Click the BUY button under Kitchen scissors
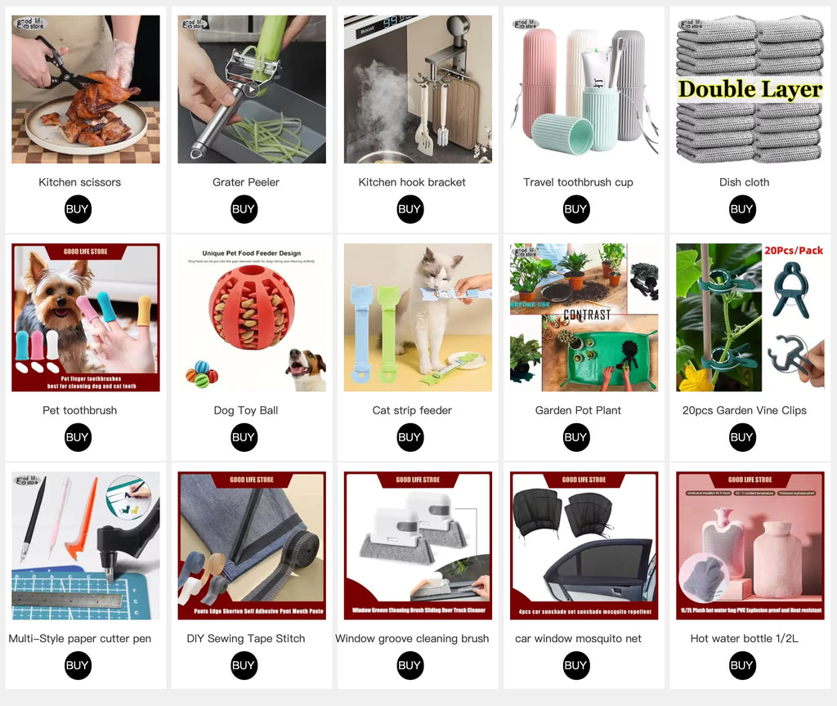(78, 209)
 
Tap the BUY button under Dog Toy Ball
(244, 437)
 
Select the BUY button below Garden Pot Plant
(575, 437)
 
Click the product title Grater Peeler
(245, 182)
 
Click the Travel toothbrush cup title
(578, 182)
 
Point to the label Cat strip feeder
(411, 410)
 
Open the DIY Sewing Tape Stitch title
(245, 638)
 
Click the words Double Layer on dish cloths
(750, 90)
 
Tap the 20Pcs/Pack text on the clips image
(792, 251)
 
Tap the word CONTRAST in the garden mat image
(587, 315)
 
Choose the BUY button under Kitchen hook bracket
(410, 209)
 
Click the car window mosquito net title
(578, 638)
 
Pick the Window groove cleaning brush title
(412, 638)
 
